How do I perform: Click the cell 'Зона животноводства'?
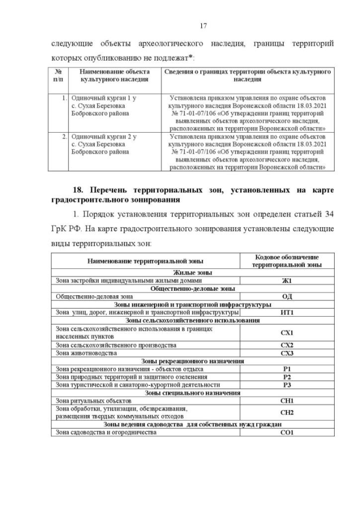[87, 353]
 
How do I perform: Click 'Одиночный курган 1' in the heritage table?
[103, 98]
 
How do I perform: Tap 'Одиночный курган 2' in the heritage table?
[103, 137]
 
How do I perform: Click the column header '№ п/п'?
[58, 76]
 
